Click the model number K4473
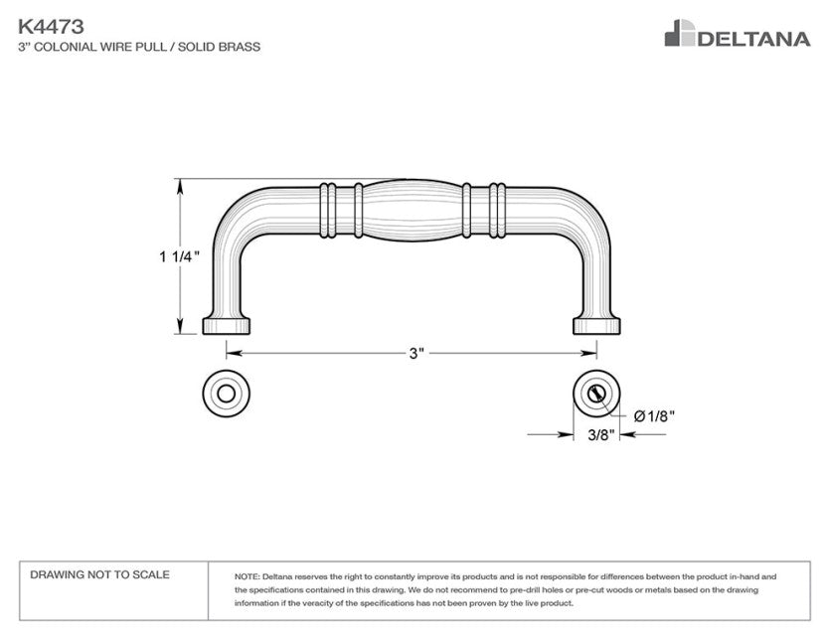51,26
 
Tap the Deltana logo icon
680,33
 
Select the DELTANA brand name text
753,39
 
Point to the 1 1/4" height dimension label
180,256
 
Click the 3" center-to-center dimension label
416,353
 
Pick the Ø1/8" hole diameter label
654,416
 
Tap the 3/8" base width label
601,435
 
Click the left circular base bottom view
226,394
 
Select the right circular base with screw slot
596,394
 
